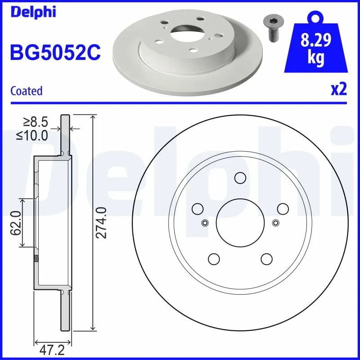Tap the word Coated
(x=26, y=91)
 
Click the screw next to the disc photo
(x=271, y=28)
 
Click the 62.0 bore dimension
(x=16, y=223)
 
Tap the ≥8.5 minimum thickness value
(x=36, y=121)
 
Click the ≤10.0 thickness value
(x=32, y=135)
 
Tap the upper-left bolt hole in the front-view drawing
(x=197, y=209)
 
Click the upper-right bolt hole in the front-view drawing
(x=283, y=209)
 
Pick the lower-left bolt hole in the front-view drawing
(x=214, y=259)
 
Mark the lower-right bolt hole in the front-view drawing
(x=266, y=259)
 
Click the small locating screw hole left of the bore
(x=205, y=222)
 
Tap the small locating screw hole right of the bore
(x=276, y=222)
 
